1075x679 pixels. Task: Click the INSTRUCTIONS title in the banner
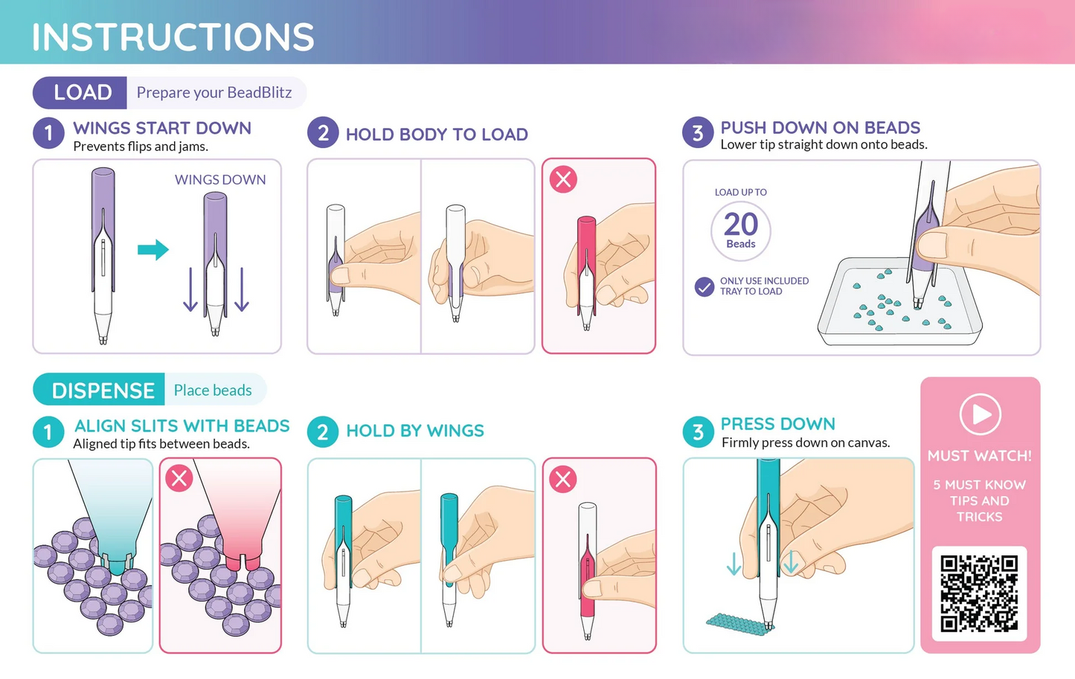173,37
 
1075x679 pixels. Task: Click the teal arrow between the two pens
153,250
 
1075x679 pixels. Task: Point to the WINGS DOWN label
220,179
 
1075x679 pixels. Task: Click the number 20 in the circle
741,224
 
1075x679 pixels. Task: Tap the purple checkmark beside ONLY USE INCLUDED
705,287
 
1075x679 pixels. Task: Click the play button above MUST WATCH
981,414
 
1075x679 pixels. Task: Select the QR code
980,593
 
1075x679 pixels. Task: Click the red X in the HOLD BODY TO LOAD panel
563,179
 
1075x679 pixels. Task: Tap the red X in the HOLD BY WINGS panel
563,479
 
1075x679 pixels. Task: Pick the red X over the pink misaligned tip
179,478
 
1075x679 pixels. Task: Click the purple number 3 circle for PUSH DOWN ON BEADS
698,133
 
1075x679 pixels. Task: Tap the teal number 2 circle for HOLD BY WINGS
323,432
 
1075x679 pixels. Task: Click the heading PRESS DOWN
778,424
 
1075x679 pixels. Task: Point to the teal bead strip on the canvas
739,623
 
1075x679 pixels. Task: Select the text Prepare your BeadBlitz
214,92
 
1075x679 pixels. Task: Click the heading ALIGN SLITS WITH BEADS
182,425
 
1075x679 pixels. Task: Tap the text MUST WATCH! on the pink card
980,455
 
